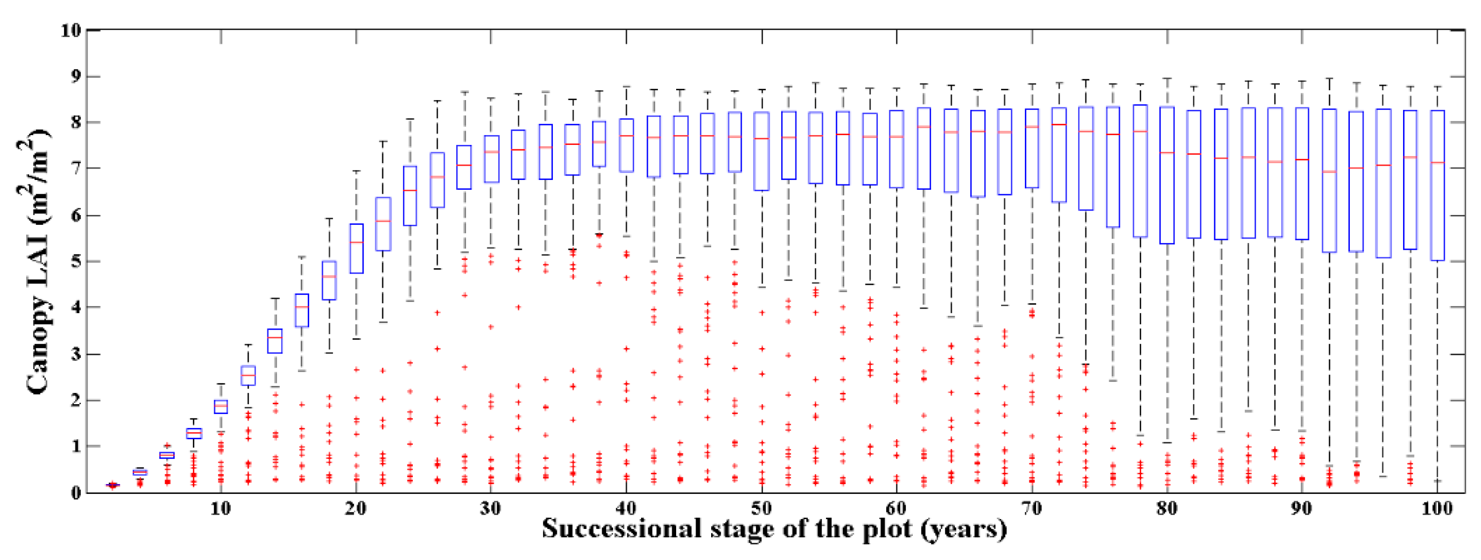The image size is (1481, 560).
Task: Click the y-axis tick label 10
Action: click(70, 30)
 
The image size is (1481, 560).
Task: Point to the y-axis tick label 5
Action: click(75, 262)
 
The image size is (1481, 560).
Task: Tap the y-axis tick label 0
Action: click(75, 493)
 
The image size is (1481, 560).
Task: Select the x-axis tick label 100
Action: click(1436, 508)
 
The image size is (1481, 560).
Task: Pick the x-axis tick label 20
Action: click(356, 508)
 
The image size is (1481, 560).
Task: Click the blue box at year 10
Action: click(221, 407)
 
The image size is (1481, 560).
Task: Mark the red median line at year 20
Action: click(357, 242)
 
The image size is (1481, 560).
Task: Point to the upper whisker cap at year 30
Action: click(491, 98)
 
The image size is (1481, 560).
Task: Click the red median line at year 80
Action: click(1167, 152)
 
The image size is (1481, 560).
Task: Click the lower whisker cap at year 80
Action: click(1167, 443)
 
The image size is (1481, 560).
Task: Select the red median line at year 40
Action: click(626, 136)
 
